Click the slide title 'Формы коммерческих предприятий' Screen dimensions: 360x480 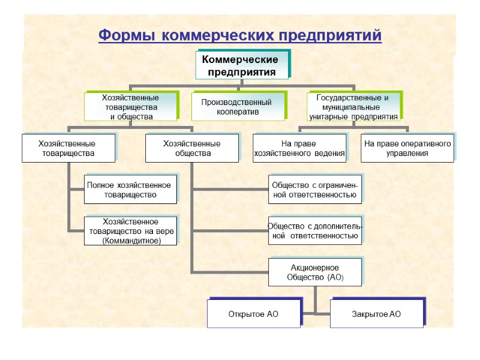[239, 35]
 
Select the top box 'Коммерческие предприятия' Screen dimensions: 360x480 [241, 66]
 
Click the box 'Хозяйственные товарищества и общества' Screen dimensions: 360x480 [130, 107]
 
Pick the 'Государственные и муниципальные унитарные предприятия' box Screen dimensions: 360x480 [353, 107]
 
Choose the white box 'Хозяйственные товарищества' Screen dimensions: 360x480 [67, 148]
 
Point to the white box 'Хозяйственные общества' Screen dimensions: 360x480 [192, 148]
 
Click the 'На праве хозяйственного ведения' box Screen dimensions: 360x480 [299, 148]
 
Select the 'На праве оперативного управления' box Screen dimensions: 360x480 [407, 148]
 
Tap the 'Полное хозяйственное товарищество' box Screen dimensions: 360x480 [130, 190]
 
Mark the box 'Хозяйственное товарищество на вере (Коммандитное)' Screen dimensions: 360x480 [130, 231]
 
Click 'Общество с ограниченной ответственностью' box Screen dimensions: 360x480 [314, 190]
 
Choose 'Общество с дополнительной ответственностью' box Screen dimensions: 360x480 [314, 231]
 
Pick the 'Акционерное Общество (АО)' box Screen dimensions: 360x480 [314, 272]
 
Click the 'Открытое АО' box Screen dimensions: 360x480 [253, 314]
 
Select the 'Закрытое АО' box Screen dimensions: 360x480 [376, 314]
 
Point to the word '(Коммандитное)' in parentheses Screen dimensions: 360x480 [131, 240]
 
